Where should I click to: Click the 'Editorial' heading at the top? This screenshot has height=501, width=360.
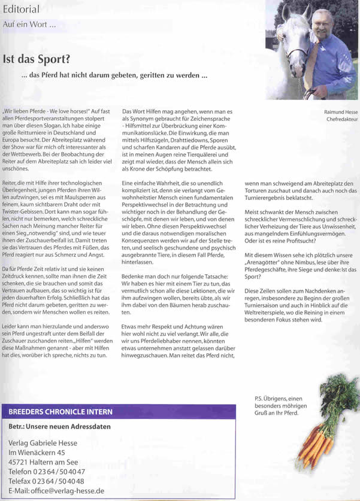pyautogui.click(x=22, y=9)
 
